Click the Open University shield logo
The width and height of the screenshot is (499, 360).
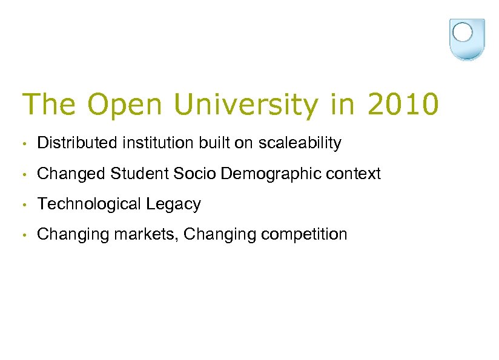(x=468, y=39)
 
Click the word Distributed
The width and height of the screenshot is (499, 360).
(x=76, y=143)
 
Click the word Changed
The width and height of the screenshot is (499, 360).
(x=71, y=174)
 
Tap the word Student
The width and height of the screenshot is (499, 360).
(x=140, y=174)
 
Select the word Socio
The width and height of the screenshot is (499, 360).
(x=195, y=174)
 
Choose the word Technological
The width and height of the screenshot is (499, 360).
(x=90, y=205)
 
